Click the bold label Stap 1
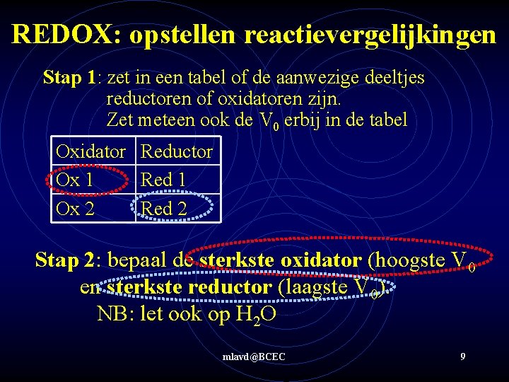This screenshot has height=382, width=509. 69,77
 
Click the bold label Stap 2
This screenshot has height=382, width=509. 67,260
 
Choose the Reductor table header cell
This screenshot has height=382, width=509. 177,151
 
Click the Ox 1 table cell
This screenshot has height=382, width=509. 74,180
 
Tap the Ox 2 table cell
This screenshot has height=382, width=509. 74,208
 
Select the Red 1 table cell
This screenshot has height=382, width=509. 163,180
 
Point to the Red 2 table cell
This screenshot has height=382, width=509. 163,208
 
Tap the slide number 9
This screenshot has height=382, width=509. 462,357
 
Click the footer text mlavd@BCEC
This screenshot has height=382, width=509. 253,357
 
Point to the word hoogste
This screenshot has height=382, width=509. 406,260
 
